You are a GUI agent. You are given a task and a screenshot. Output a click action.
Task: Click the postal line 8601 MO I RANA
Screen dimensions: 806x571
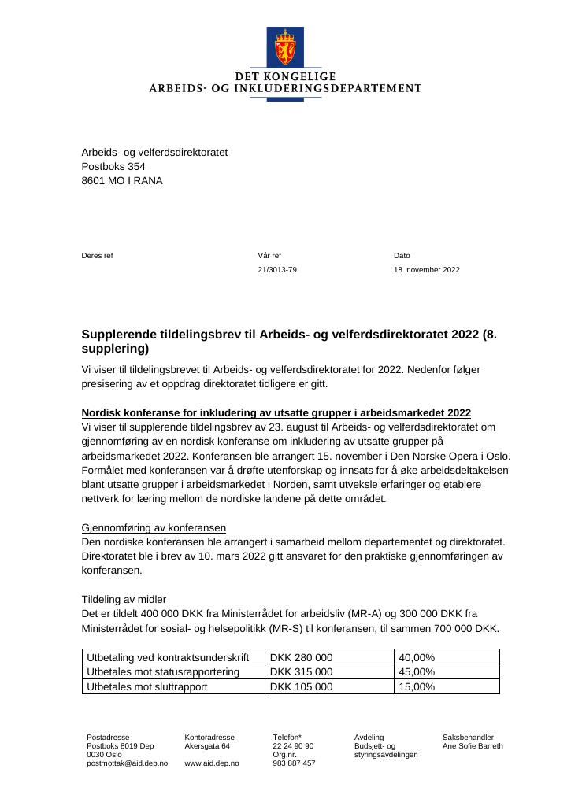tap(122, 180)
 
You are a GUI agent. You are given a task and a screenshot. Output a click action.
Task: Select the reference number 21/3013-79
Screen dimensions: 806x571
tap(277, 270)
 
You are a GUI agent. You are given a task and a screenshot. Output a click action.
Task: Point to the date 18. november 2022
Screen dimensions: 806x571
tap(426, 270)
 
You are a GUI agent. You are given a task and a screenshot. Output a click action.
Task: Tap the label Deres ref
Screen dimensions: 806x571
tap(98, 256)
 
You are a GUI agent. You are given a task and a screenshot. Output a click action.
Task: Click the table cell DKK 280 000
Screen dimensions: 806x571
tap(301, 657)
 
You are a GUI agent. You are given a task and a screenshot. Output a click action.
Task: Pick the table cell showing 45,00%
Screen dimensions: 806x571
tap(417, 672)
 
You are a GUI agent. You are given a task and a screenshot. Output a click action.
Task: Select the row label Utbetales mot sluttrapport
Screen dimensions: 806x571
tap(147, 686)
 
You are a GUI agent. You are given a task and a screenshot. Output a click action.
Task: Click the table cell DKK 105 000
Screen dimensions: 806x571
tap(301, 686)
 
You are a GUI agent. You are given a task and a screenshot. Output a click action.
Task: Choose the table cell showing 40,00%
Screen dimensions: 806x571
tap(417, 657)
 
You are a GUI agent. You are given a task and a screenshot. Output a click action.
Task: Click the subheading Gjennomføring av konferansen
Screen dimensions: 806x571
tap(154, 527)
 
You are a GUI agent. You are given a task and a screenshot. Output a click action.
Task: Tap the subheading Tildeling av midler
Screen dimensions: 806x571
tap(124, 599)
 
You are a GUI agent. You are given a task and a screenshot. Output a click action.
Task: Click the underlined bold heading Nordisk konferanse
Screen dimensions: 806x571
tap(276, 413)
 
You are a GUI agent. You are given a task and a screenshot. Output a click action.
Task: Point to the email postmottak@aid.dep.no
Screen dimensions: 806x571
tap(127, 763)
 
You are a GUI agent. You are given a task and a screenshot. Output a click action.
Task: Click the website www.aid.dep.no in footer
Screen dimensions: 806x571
tap(212, 763)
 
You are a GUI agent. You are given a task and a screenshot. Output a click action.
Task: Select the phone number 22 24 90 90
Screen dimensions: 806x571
tap(293, 746)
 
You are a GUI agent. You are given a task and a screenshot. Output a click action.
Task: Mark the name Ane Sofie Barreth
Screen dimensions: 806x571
tap(473, 746)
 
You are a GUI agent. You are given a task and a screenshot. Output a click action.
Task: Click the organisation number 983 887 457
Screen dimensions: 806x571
tap(294, 763)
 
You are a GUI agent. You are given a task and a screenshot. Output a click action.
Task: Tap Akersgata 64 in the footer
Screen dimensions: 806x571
tap(207, 746)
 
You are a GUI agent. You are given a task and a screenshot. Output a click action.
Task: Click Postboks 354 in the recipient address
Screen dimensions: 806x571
tap(113, 166)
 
